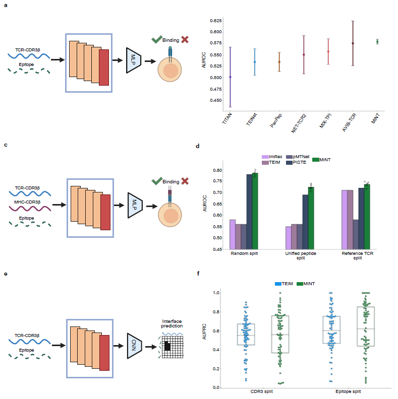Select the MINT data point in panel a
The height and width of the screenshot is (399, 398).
click(377, 41)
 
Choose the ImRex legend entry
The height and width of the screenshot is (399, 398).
click(273, 157)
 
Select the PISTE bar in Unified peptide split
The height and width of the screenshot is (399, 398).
click(305, 222)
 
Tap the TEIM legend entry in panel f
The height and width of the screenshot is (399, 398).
click(286, 284)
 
